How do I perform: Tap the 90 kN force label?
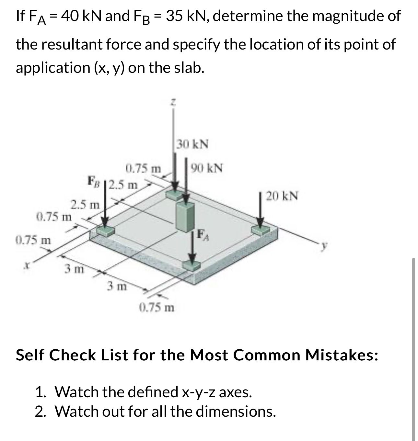[x=207, y=168]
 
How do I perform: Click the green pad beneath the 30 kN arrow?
[x=175, y=195]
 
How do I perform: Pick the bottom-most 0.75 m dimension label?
[x=157, y=307]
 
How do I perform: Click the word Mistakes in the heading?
[x=342, y=355]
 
